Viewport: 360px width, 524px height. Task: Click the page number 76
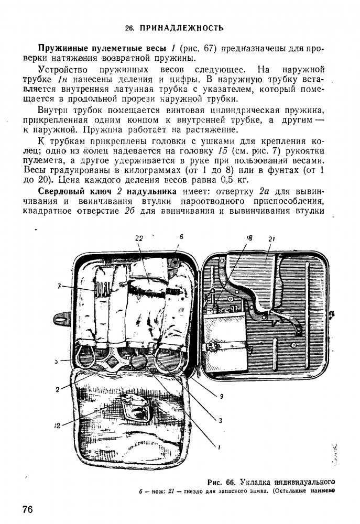(28, 510)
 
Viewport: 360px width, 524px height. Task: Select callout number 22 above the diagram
(138, 238)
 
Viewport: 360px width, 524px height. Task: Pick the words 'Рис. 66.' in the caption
(223, 482)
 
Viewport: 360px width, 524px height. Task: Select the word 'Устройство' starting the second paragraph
(60, 69)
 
